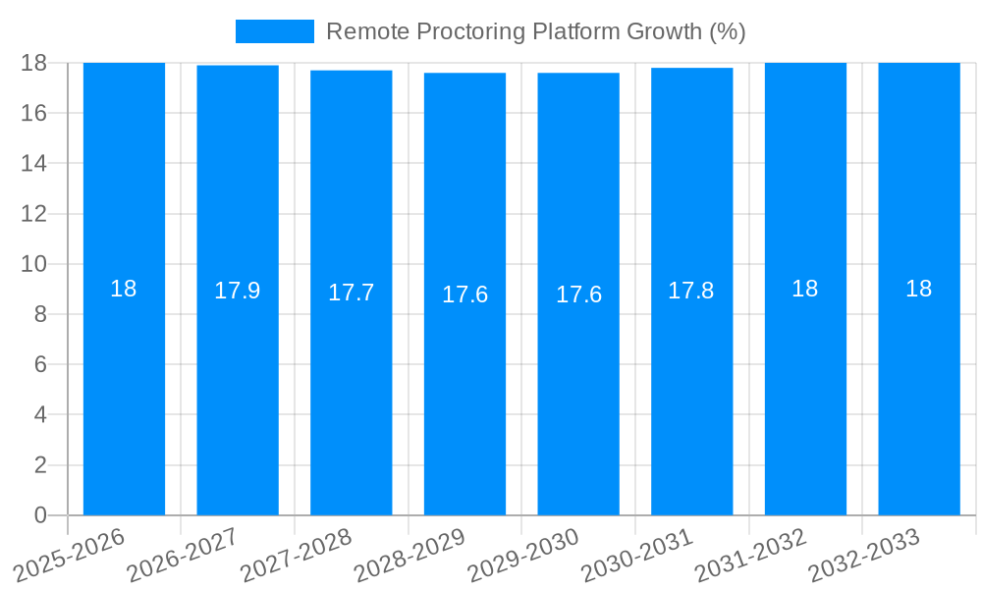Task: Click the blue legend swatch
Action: pyautogui.click(x=275, y=31)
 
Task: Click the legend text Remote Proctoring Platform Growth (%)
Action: pyautogui.click(x=535, y=31)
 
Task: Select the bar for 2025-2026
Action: pyautogui.click(x=124, y=289)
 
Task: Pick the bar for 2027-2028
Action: pyautogui.click(x=352, y=293)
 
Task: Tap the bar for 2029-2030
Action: pyautogui.click(x=578, y=294)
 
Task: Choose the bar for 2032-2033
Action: pyautogui.click(x=919, y=289)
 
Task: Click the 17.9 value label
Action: pyautogui.click(x=238, y=291)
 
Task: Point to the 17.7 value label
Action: pyautogui.click(x=352, y=293)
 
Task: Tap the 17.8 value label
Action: pyautogui.click(x=691, y=291)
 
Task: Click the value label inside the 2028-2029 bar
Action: pyautogui.click(x=464, y=294)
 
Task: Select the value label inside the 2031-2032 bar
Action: pyautogui.click(x=805, y=289)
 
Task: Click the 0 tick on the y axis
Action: pyautogui.click(x=40, y=515)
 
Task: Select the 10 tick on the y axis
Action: pyautogui.click(x=33, y=264)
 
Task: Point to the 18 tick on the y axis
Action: pyautogui.click(x=33, y=63)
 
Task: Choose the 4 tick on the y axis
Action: pyautogui.click(x=40, y=414)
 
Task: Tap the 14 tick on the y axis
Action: pyautogui.click(x=33, y=163)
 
